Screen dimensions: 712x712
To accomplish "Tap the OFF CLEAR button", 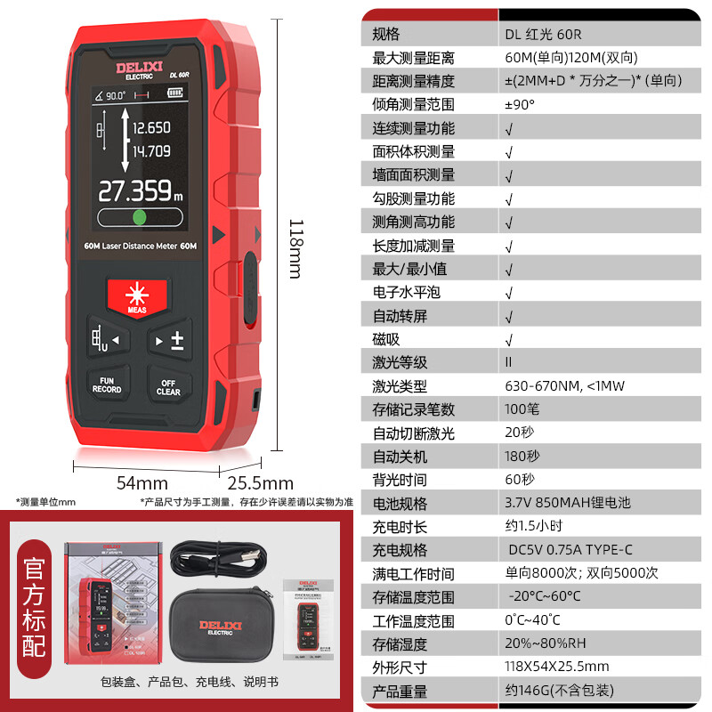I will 168,387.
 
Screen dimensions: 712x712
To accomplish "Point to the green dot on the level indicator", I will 139,218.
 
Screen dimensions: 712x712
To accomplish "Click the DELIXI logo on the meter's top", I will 134,69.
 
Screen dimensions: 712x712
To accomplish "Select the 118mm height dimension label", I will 296,249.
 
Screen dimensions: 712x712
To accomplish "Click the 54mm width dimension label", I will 142,482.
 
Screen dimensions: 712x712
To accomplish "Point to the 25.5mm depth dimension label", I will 261,483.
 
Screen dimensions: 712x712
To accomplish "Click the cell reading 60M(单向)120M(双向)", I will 570,57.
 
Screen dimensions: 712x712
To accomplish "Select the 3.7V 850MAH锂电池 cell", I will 567,503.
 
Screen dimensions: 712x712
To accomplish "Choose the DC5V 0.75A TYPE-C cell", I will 570,550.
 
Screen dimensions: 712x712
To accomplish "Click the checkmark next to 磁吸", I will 509,339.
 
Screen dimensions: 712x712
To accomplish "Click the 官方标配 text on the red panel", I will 35,609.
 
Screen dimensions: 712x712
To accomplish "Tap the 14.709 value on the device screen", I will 151,151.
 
